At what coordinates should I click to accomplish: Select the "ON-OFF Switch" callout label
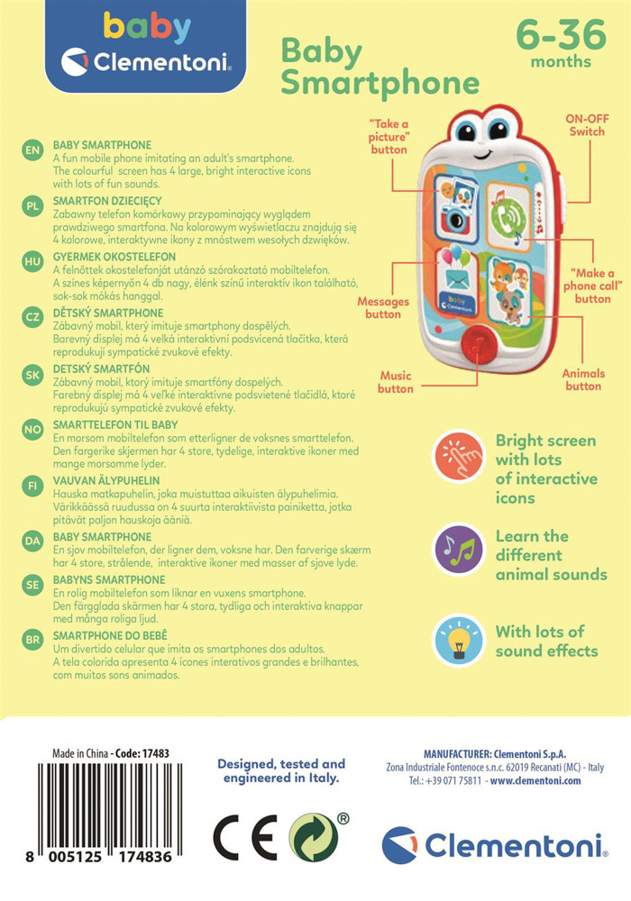pyautogui.click(x=586, y=125)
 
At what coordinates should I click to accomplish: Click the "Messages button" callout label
pyautogui.click(x=383, y=308)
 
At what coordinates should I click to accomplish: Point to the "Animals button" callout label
pyautogui.click(x=582, y=379)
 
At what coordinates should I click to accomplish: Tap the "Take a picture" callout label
pyautogui.click(x=389, y=135)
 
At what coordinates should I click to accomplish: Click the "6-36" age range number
pyautogui.click(x=560, y=35)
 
